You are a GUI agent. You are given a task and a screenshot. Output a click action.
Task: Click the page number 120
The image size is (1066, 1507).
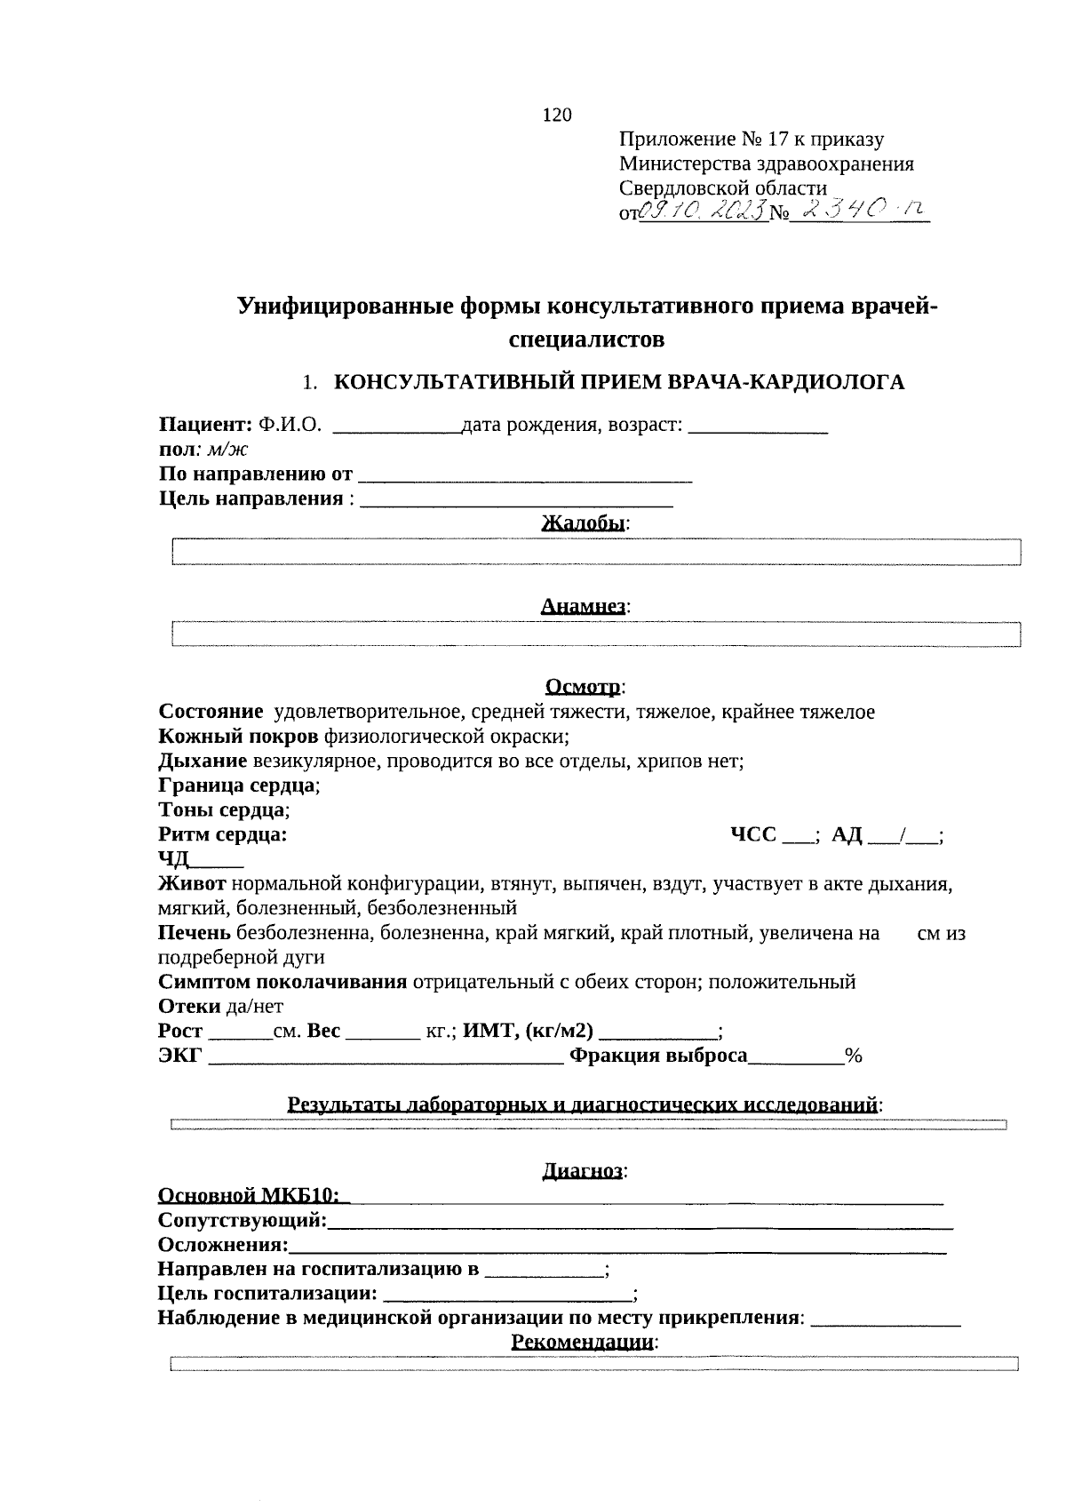point(556,115)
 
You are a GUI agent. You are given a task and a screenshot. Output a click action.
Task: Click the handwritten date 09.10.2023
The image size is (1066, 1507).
point(704,211)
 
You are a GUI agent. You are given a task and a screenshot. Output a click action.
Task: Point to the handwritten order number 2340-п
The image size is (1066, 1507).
point(858,210)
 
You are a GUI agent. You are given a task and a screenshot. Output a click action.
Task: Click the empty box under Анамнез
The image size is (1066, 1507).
point(595,634)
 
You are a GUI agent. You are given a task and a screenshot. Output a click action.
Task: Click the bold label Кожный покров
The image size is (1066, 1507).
point(238,737)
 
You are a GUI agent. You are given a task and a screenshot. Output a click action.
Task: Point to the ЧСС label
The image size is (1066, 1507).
point(752,834)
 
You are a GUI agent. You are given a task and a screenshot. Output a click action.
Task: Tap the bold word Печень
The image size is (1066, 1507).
point(195,933)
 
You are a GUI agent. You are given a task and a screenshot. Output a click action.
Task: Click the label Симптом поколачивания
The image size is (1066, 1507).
point(282,982)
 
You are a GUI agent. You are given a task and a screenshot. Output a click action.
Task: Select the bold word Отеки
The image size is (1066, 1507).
point(189,1006)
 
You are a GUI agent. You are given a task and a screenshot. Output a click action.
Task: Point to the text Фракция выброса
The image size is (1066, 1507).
point(658,1056)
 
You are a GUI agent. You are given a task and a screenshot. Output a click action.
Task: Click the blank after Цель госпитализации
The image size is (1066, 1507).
point(508,1295)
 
